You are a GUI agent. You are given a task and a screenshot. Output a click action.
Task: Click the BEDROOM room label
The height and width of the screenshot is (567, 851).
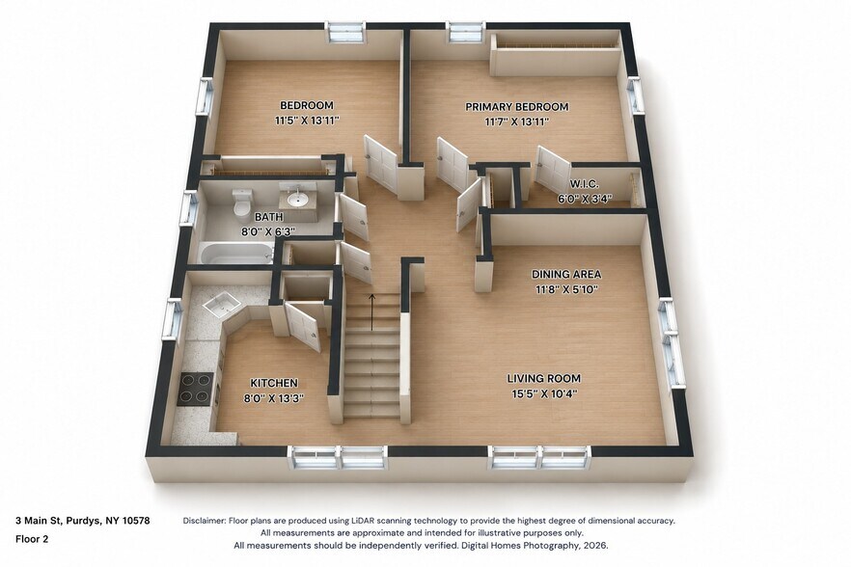307,105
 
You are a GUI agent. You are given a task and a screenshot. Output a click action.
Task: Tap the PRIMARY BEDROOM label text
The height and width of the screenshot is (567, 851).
517,107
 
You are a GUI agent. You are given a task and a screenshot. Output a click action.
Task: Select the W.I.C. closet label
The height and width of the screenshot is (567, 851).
585,184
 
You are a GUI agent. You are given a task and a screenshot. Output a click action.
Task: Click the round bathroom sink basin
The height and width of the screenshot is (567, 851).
297,201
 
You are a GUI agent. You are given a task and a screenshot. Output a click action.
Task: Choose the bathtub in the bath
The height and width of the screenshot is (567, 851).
236,253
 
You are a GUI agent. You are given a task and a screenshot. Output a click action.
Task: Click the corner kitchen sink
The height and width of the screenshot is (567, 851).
221,305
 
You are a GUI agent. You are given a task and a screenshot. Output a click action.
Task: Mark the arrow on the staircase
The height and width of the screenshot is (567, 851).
371,312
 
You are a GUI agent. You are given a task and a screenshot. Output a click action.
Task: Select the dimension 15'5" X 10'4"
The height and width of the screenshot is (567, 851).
544,393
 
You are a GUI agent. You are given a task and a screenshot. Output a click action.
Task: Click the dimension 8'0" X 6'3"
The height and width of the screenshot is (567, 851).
267,231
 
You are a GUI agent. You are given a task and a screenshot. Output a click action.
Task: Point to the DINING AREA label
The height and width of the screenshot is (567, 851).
566,274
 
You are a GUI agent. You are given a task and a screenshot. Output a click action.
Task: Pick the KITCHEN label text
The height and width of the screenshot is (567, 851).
274,383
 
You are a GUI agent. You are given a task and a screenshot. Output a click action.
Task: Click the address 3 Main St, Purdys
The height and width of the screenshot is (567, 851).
58,521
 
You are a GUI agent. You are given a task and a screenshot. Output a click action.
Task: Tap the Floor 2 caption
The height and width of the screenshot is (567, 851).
32,539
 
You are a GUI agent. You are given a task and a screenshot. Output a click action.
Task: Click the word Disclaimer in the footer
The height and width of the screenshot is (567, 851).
205,521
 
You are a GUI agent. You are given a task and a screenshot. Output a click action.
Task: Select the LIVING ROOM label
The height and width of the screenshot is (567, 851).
544,378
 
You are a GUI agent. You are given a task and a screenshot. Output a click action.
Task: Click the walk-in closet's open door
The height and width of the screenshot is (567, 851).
553,166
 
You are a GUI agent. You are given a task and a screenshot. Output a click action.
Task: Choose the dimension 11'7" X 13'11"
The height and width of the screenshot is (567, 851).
517,122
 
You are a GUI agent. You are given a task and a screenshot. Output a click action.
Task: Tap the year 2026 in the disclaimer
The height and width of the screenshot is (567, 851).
597,545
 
